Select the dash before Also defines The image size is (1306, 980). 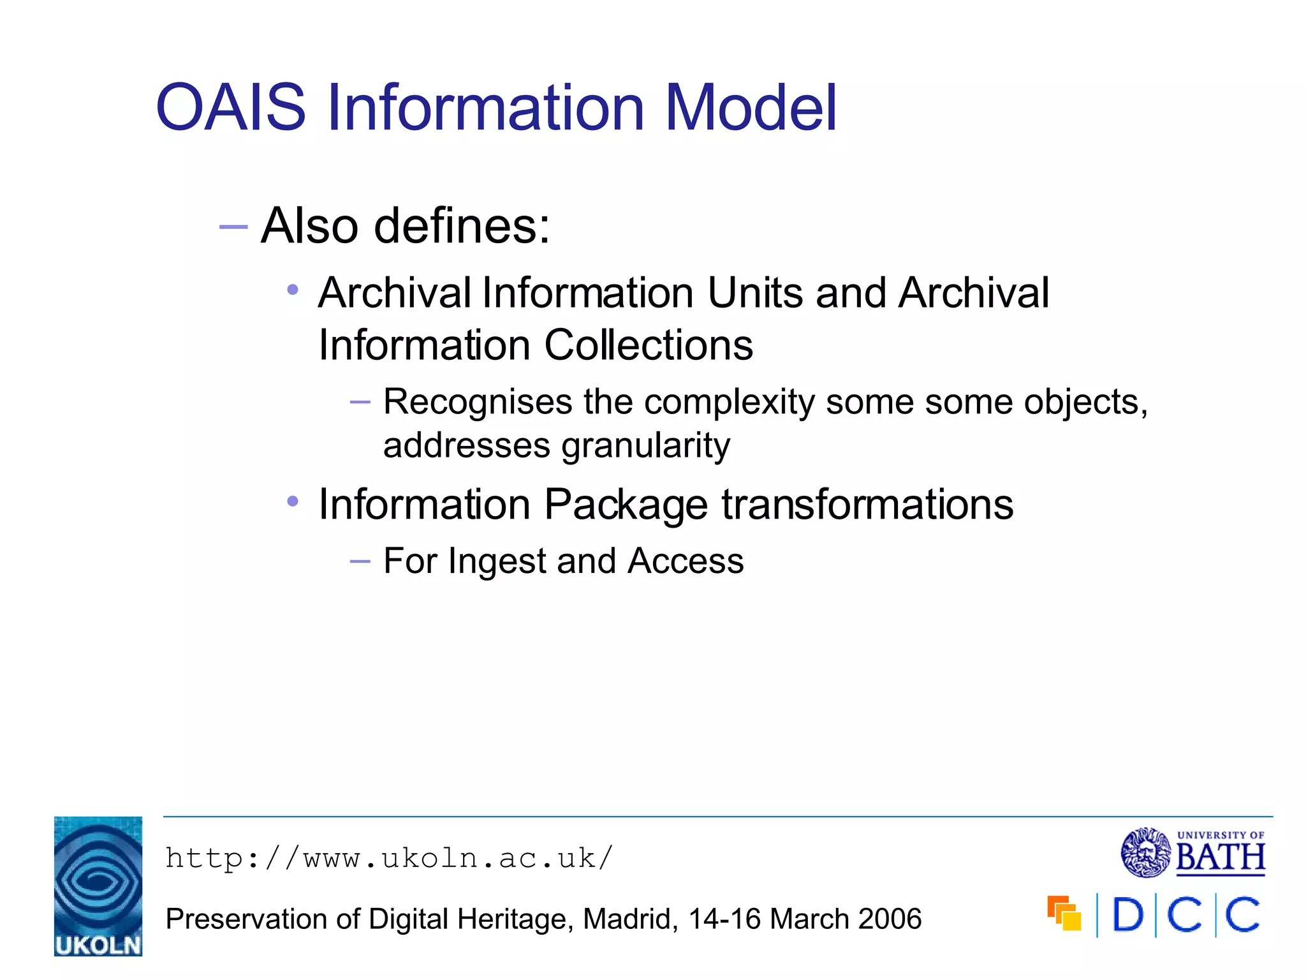(233, 226)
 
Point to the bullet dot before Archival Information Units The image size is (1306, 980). (293, 290)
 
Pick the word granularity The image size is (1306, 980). (645, 445)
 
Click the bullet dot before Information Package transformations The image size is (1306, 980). (293, 501)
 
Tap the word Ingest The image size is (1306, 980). (496, 561)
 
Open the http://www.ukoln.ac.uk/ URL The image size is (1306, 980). (389, 858)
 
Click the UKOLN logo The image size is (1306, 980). (98, 886)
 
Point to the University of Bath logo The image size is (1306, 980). (1192, 852)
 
